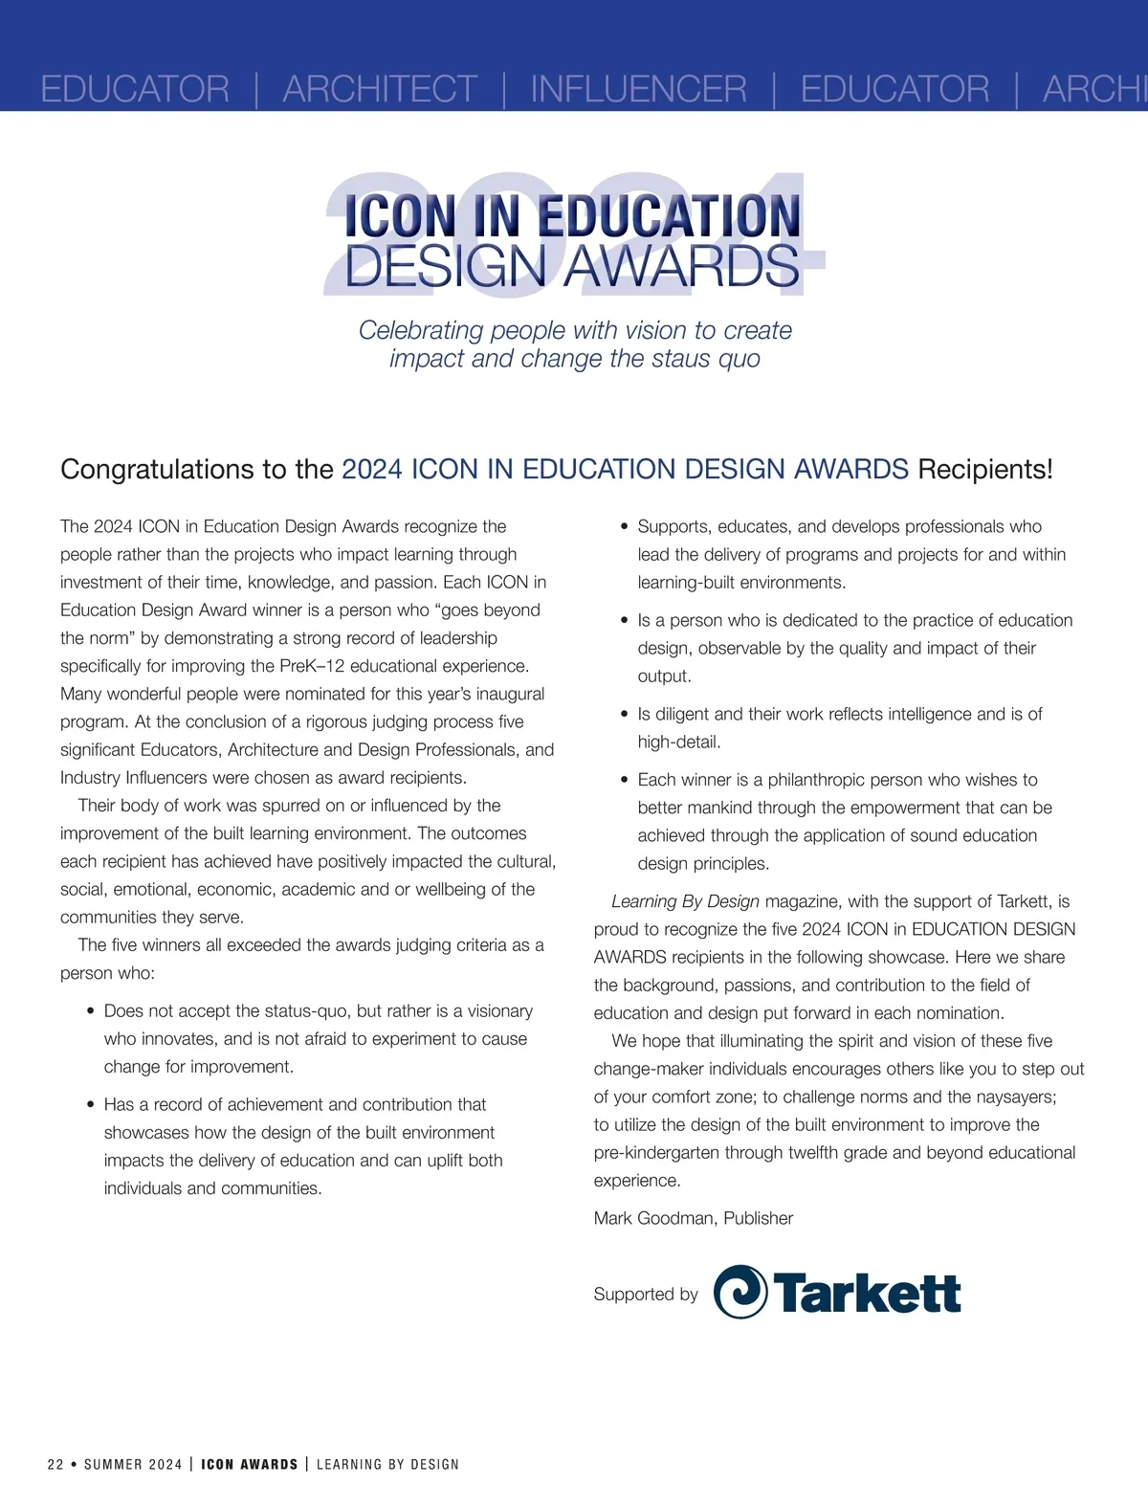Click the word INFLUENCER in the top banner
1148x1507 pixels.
638,89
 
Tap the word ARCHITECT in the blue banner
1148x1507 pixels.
380,89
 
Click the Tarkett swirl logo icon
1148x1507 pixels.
740,1292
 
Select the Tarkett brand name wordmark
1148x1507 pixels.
867,1294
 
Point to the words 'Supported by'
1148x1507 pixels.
646,1295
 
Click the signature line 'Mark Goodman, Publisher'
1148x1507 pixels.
694,1218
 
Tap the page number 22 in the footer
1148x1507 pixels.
55,1464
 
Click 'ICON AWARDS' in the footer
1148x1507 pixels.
249,1464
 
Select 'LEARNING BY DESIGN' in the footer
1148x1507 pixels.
387,1464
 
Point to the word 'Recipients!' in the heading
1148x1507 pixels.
985,470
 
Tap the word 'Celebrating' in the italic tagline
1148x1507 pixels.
421,331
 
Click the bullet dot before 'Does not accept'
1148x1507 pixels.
91,1011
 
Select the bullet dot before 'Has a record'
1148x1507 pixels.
91,1105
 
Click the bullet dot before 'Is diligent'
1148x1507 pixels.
625,715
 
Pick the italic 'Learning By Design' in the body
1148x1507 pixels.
685,901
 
